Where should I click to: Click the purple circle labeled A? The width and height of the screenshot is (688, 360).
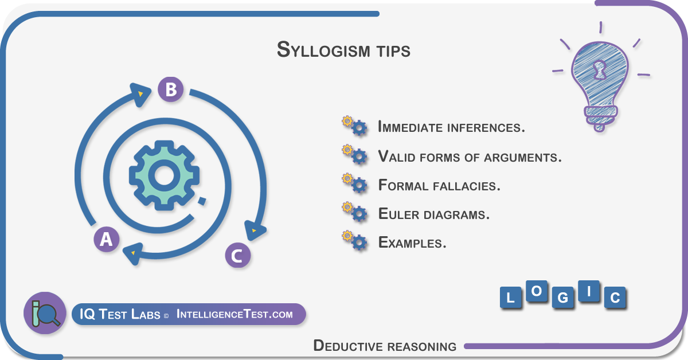click(106, 239)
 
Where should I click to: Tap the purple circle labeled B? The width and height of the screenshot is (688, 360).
click(171, 89)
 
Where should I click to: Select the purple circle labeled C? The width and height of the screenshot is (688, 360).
click(237, 255)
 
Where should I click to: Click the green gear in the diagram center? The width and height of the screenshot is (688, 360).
click(164, 175)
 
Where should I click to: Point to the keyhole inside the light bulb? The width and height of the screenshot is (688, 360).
click(599, 70)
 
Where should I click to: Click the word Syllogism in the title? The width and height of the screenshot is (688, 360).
click(323, 50)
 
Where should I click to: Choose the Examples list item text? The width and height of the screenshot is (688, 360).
click(412, 242)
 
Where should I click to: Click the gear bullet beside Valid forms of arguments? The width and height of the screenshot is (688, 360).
click(354, 154)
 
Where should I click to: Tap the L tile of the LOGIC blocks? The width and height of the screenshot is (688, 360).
click(510, 298)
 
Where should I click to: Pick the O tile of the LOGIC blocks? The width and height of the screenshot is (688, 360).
click(537, 291)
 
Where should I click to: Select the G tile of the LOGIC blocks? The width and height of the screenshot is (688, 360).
click(562, 298)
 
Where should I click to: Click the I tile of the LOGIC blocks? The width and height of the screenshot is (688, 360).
click(589, 291)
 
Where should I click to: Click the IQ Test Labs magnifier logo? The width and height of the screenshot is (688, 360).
click(45, 313)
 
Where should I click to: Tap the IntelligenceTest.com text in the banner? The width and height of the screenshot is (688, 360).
click(234, 314)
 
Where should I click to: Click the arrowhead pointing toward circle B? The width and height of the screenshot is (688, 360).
click(140, 94)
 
